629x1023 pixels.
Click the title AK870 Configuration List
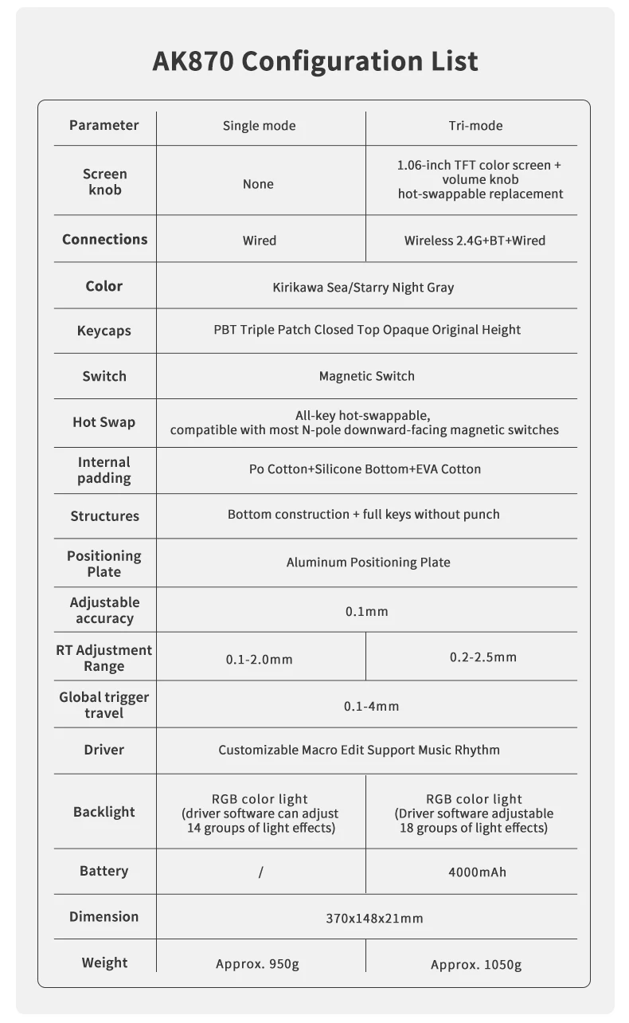coord(314,61)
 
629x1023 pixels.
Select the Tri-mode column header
coord(475,126)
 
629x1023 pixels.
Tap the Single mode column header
coord(259,126)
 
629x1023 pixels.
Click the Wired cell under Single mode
coord(259,240)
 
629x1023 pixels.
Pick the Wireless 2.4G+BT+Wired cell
coord(475,240)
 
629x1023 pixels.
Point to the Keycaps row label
coord(104,331)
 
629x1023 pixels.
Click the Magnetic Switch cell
coord(366,376)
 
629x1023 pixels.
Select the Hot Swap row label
coord(104,422)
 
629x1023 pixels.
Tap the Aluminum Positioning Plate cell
coord(368,562)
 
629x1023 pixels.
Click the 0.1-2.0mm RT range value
coord(259,659)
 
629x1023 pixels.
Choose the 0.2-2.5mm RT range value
coord(482,657)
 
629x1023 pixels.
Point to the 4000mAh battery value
coord(477,872)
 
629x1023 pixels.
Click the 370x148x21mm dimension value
coord(374,918)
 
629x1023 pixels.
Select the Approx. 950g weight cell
coord(257,965)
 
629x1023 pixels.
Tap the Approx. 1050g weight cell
coord(476,965)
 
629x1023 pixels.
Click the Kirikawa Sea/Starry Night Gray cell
coord(363,287)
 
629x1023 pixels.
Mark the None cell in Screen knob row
coord(258,184)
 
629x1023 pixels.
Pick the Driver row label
coord(104,750)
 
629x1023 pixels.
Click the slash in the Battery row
coord(260,872)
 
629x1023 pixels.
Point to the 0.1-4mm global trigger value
coord(371,706)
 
